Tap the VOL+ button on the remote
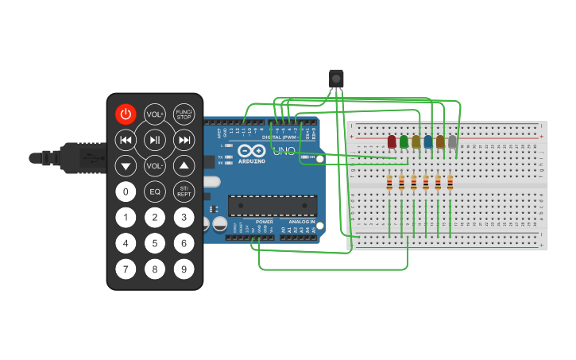tap(154, 114)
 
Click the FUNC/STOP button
tap(184, 114)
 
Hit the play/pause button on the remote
tap(155, 141)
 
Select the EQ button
tap(155, 192)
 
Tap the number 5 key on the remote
tap(155, 243)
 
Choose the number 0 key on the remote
tap(126, 192)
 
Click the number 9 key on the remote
tap(184, 269)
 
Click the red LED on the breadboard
tap(392, 142)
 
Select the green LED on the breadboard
tap(404, 142)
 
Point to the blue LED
tap(428, 142)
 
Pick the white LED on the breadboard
tap(452, 142)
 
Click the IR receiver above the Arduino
tap(337, 78)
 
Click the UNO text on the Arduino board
tap(284, 151)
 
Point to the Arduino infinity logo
tap(252, 150)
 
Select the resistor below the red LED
tap(389, 184)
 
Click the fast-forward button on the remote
tap(184, 141)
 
